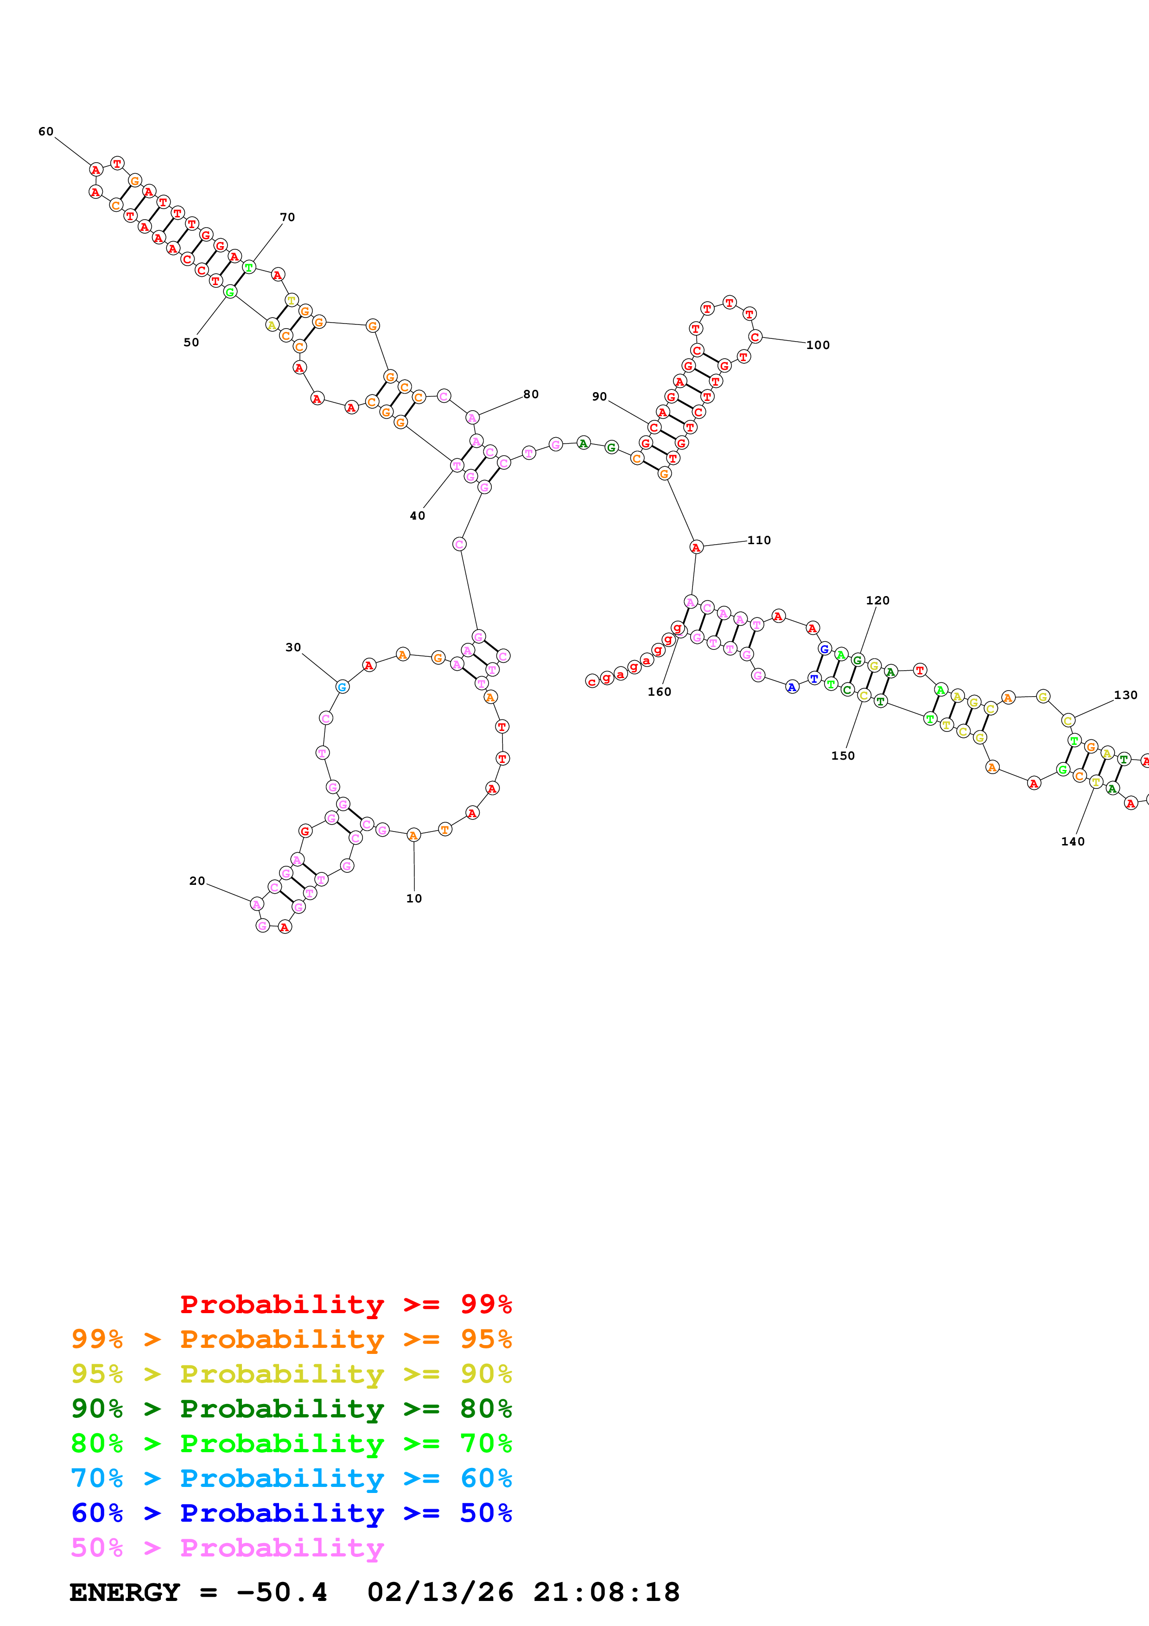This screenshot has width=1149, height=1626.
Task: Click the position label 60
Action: (46, 132)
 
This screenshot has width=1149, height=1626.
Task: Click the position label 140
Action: (1073, 841)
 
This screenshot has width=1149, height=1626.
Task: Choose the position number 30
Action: (293, 647)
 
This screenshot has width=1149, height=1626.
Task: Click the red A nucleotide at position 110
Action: (696, 547)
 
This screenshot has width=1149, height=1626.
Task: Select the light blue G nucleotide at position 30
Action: (342, 686)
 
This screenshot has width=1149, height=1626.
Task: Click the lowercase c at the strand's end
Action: (592, 681)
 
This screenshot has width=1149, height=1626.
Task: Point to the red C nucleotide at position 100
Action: (755, 337)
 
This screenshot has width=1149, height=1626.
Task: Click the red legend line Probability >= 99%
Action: (345, 1304)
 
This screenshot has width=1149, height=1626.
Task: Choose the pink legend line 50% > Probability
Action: (227, 1548)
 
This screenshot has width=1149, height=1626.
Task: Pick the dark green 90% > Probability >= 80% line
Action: (291, 1409)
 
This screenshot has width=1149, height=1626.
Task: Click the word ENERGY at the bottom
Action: (125, 1593)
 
